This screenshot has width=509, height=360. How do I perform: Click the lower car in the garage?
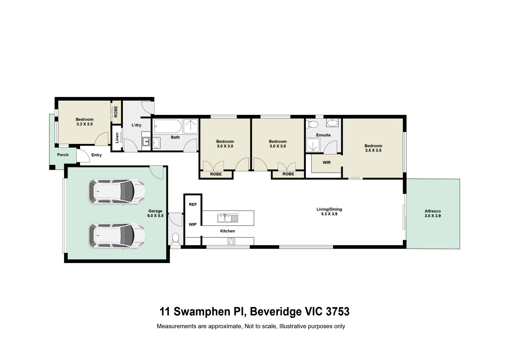click(117, 236)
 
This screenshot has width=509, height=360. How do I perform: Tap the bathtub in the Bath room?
click(168, 127)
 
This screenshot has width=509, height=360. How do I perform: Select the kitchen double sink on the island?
click(228, 218)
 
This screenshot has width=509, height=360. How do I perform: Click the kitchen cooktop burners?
click(231, 241)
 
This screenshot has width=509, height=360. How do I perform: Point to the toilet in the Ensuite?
click(312, 125)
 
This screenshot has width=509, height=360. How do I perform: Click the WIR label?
click(326, 163)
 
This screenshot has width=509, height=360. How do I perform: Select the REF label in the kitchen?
click(193, 204)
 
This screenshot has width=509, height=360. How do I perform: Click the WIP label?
click(193, 224)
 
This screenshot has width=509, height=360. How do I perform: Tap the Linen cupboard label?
click(117, 138)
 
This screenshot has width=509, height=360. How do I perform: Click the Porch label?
click(63, 155)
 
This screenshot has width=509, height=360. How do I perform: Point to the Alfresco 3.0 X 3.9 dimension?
click(433, 216)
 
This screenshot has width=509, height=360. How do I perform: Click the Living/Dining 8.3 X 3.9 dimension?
click(329, 214)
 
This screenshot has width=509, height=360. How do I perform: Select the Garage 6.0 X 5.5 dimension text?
click(155, 216)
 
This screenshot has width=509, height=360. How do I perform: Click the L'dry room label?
click(136, 125)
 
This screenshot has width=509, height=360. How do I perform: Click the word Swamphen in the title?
click(202, 311)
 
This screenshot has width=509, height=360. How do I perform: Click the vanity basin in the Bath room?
click(156, 143)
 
